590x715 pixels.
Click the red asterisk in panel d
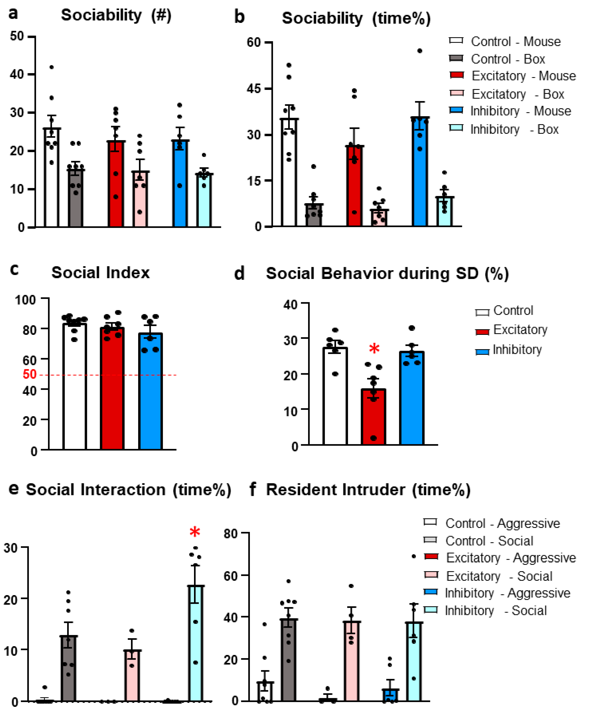click(374, 349)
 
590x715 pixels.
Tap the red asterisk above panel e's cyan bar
click(195, 532)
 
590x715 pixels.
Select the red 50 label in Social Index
click(30, 374)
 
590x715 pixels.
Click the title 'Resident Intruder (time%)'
click(368, 490)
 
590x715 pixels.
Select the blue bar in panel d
click(411, 398)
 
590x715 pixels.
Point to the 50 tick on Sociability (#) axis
click(17, 36)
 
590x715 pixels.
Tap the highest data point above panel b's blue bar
click(420, 51)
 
